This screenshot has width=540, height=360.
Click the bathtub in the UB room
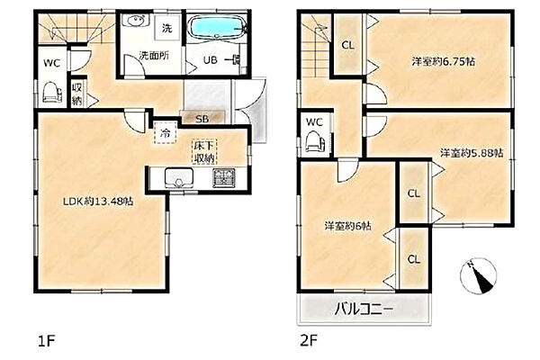tap(217, 26)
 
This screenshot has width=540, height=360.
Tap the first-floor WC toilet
tap(52, 92)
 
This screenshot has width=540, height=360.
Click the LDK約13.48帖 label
tap(98, 202)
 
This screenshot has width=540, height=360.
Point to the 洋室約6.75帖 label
tap(444, 62)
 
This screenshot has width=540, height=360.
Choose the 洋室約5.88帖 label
tap(472, 153)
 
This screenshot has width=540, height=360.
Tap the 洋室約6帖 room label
tap(347, 226)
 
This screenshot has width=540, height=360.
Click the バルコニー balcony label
tap(364, 309)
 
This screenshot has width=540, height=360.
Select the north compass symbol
tap(479, 275)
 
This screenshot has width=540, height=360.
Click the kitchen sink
tap(179, 178)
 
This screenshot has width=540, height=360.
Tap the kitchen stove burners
tap(223, 178)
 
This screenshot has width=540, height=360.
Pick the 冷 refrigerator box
tap(166, 132)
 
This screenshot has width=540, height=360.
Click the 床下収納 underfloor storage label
tap(204, 152)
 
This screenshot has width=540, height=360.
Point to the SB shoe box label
tap(202, 119)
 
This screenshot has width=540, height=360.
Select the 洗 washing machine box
tap(167, 29)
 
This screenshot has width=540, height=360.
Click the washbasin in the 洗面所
tap(138, 21)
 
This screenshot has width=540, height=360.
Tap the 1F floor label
tap(47, 341)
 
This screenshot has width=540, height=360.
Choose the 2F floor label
tap(309, 341)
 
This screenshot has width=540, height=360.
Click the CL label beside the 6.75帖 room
tap(347, 45)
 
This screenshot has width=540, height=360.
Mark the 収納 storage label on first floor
tap(77, 94)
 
